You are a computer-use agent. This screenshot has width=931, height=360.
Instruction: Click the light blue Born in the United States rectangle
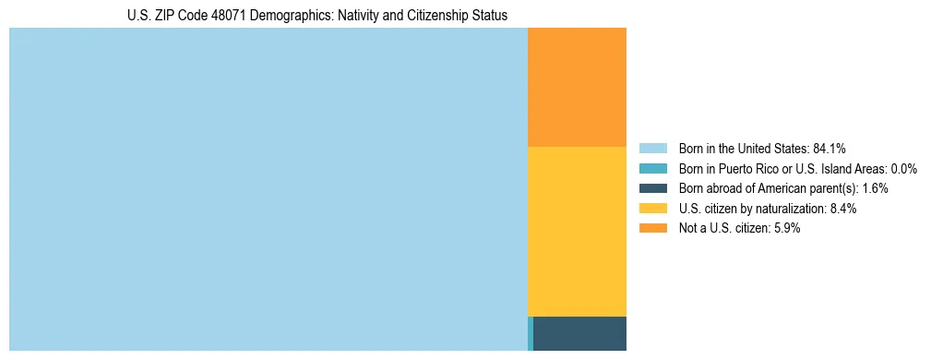pyautogui.click(x=268, y=189)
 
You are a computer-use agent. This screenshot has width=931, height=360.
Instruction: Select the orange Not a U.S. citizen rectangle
pyautogui.click(x=577, y=87)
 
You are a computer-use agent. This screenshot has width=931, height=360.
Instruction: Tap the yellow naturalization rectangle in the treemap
pyautogui.click(x=577, y=231)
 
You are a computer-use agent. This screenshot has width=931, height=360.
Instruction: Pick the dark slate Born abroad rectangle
pyautogui.click(x=579, y=333)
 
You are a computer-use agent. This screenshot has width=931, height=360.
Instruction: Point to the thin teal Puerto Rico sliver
pyautogui.click(x=531, y=333)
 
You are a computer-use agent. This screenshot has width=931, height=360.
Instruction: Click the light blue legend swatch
pyautogui.click(x=652, y=149)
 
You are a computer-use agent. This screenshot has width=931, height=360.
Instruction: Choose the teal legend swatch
pyautogui.click(x=652, y=169)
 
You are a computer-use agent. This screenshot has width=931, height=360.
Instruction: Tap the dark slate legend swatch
pyautogui.click(x=652, y=188)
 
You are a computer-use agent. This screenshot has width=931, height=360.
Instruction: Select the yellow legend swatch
pyautogui.click(x=652, y=209)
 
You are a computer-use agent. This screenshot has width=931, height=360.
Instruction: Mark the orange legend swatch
pyautogui.click(x=652, y=228)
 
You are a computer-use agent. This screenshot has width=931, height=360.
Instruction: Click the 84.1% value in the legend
pyautogui.click(x=830, y=149)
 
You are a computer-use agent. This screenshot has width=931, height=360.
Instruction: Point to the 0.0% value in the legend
pyautogui.click(x=904, y=169)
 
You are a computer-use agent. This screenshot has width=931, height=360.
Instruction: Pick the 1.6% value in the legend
pyautogui.click(x=875, y=188)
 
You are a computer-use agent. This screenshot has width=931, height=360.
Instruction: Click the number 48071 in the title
pyautogui.click(x=209, y=16)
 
